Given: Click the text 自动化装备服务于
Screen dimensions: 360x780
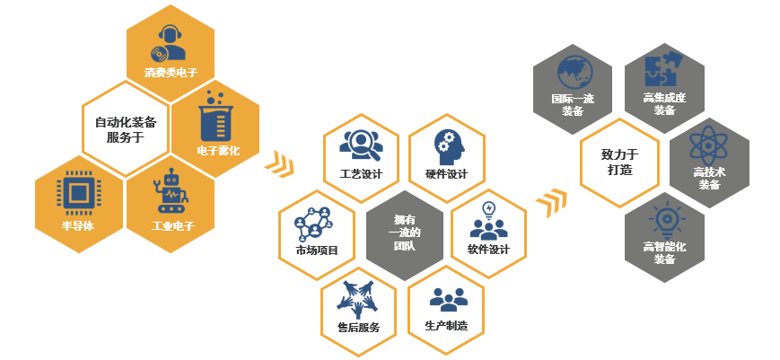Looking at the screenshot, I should tap(125, 129).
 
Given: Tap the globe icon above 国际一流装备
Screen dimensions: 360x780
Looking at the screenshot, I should tap(573, 71).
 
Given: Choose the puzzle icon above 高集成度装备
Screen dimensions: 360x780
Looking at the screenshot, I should tap(664, 68).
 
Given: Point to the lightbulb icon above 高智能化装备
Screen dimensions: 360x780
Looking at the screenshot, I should tap(664, 221).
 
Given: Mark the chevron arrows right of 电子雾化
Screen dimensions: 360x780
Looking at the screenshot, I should tap(279, 162).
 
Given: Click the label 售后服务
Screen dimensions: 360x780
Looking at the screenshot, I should tap(358, 328).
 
